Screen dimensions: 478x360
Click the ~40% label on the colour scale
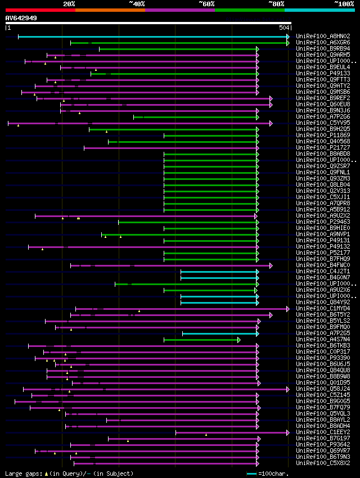[x=137, y=3]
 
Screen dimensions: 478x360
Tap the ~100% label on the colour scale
[x=344, y=3]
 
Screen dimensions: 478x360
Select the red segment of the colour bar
[x=40, y=10]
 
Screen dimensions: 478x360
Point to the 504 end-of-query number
[x=284, y=28]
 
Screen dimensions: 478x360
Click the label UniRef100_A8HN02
[x=323, y=37]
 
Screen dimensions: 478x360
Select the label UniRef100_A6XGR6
[x=323, y=43]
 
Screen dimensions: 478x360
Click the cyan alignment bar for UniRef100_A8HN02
[x=152, y=37]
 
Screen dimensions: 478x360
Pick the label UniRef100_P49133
[x=323, y=74]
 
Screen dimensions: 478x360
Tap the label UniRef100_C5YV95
[x=323, y=123]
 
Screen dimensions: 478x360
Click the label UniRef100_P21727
[x=323, y=148]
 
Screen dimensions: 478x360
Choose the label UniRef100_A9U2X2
[x=323, y=216]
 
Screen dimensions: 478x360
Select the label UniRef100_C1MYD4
[x=323, y=309]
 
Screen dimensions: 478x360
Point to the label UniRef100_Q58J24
[x=323, y=389]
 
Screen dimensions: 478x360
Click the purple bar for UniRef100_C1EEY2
[x=231, y=432]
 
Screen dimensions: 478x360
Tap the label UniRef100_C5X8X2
[x=323, y=463]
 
